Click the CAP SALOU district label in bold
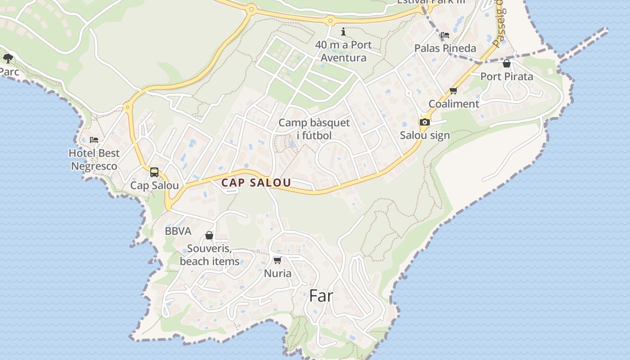coord(256,183)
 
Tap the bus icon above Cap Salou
coord(154,172)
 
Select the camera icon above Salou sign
coord(424,122)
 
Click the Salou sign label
coord(424,135)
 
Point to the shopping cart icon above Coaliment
coord(454,91)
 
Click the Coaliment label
coord(454,103)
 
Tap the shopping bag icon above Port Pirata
coord(507,63)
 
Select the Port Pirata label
coord(507,76)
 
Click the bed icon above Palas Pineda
coord(445,35)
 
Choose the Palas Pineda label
coord(445,48)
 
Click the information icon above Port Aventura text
coord(343,31)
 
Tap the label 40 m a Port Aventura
coord(343,51)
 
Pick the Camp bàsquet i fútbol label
coord(314,129)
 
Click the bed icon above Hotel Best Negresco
coord(94,140)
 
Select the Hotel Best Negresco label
coord(94,159)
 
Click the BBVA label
coord(178,231)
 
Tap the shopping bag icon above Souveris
coord(209,235)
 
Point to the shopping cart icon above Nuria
coord(278,260)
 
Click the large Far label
coord(321,296)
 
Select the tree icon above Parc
coord(8,58)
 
